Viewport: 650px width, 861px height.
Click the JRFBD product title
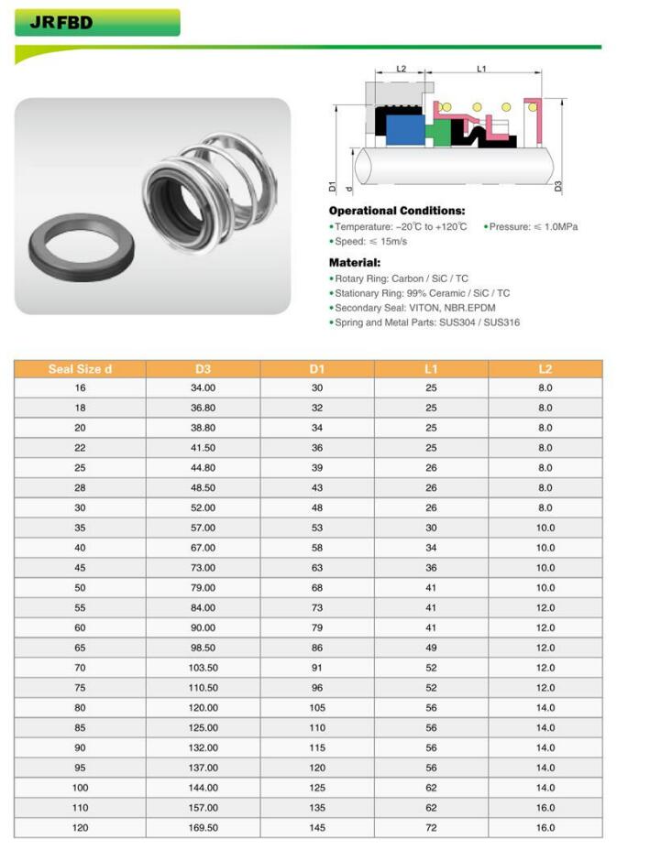point(61,23)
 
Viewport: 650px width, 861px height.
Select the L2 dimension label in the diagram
point(401,69)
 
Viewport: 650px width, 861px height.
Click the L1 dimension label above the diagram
point(481,69)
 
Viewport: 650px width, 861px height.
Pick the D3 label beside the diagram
point(558,186)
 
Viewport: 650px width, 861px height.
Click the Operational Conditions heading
point(396,211)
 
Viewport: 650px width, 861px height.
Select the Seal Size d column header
point(80,369)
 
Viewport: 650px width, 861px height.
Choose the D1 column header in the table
point(316,369)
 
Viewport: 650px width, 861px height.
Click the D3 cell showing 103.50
point(203,669)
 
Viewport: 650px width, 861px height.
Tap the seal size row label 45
point(80,568)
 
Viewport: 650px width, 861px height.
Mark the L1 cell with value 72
point(431,828)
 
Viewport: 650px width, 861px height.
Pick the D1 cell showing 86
point(316,648)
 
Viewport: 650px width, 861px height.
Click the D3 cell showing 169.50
point(203,828)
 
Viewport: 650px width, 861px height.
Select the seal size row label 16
point(80,388)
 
